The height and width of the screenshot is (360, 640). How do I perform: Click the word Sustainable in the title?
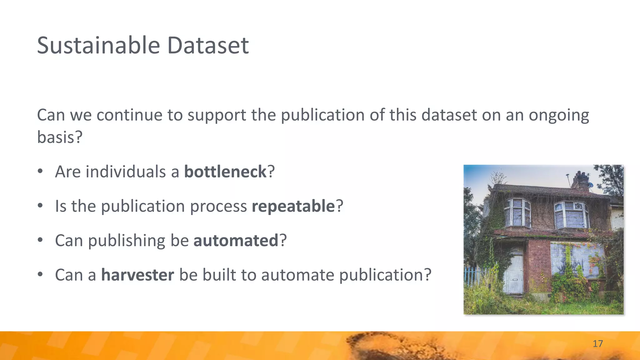click(x=99, y=46)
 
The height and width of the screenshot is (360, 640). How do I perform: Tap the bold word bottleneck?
click(x=225, y=172)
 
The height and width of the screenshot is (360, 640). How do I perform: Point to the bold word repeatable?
click(x=293, y=206)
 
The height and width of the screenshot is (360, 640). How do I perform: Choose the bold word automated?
click(x=236, y=240)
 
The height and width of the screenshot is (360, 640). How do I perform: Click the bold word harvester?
click(x=137, y=275)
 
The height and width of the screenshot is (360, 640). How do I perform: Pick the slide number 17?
click(x=597, y=344)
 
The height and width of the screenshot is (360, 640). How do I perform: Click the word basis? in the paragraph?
click(x=59, y=137)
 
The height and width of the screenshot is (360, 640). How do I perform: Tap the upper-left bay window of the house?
click(x=517, y=212)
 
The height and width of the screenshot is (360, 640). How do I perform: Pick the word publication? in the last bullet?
click(x=385, y=275)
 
